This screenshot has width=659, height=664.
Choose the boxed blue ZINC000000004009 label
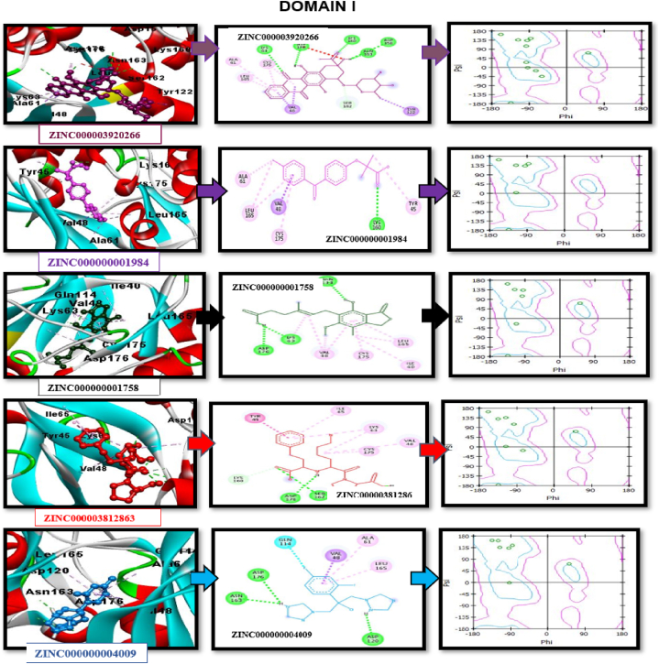[93, 653]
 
